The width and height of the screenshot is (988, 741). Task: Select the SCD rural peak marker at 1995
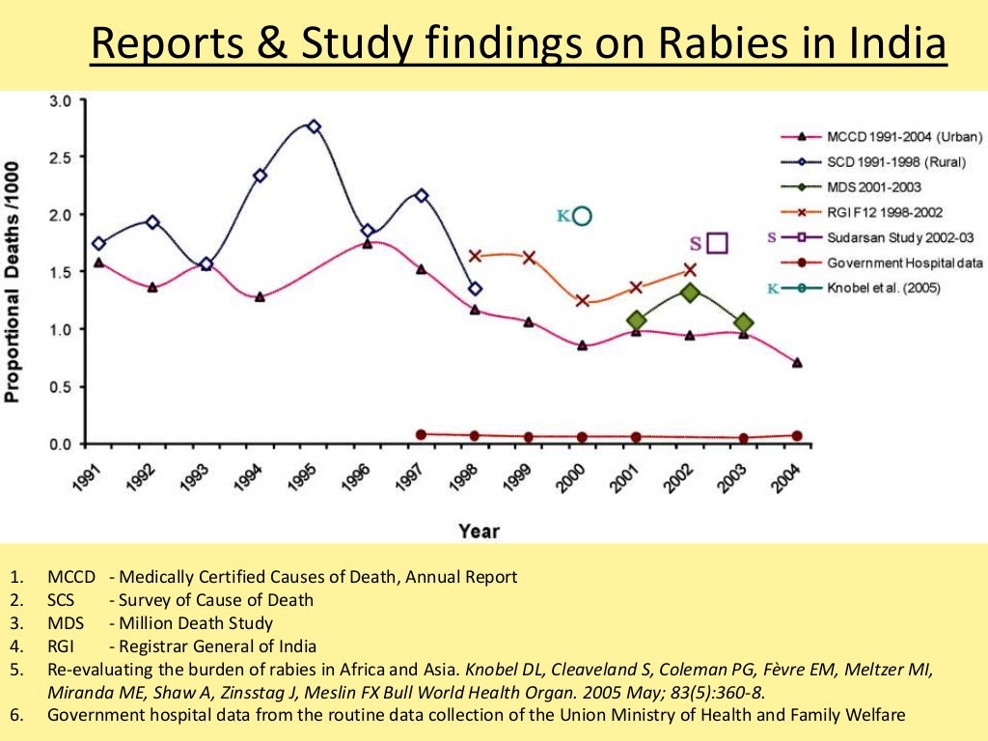[314, 126]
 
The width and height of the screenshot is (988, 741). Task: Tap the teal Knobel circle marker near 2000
[582, 216]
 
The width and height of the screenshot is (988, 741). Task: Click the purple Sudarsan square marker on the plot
[716, 243]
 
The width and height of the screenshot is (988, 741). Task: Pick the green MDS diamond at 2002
[690, 291]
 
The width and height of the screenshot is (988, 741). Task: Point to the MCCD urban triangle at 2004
[796, 363]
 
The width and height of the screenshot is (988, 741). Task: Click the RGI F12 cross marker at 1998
[475, 256]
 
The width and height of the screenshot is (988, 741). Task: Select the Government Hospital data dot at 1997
[421, 434]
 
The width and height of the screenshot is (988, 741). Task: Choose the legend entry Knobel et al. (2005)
[883, 288]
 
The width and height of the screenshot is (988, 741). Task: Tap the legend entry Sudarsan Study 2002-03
[898, 237]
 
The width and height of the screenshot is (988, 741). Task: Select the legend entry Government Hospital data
[904, 262]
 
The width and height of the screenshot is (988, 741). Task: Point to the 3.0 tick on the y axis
[60, 100]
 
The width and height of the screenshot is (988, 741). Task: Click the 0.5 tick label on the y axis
[60, 387]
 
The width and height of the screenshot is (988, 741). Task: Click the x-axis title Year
[480, 531]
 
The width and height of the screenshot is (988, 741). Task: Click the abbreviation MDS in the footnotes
[65, 623]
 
